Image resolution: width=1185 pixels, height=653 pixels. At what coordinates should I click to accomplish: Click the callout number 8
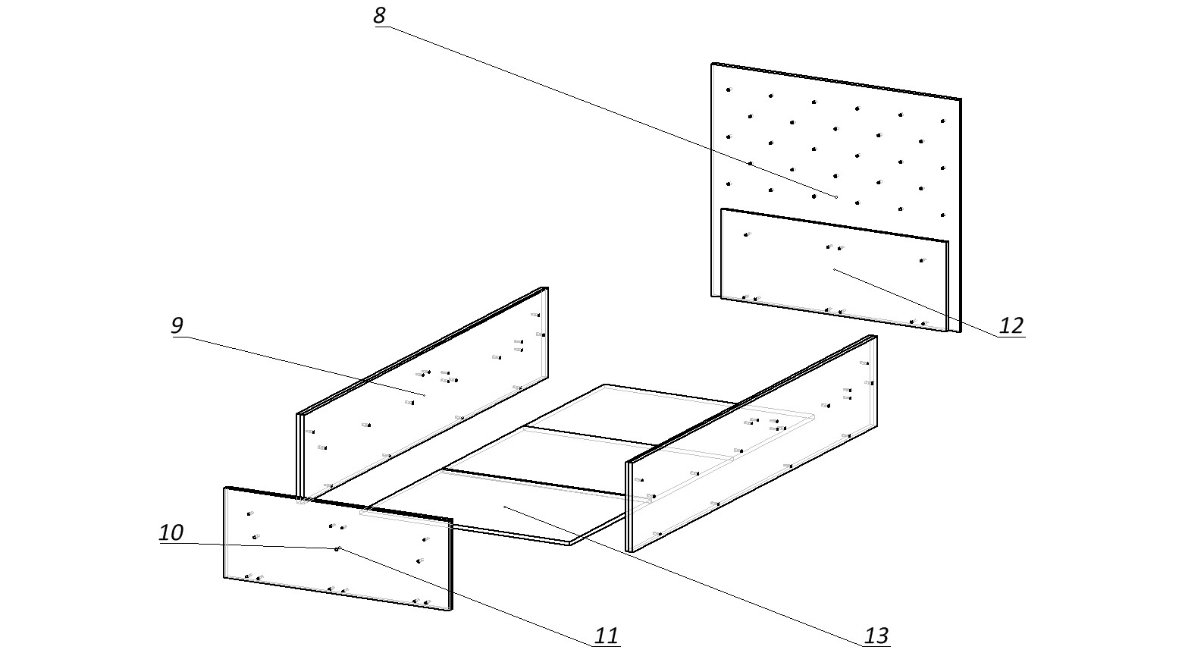(x=380, y=16)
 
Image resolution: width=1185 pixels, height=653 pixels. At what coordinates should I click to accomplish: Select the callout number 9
(x=177, y=326)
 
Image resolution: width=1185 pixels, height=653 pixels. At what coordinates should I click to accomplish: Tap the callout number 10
(x=171, y=532)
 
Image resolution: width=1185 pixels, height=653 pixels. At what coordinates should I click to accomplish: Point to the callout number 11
(x=607, y=636)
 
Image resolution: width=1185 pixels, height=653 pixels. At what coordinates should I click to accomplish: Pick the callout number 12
(x=1011, y=326)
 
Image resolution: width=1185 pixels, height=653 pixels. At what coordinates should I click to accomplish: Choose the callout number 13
(x=876, y=636)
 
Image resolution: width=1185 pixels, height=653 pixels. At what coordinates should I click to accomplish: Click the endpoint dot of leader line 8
(x=836, y=197)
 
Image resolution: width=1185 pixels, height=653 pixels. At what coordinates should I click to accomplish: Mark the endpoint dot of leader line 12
(x=834, y=269)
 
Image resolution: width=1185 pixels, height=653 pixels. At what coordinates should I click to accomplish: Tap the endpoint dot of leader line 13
(x=505, y=507)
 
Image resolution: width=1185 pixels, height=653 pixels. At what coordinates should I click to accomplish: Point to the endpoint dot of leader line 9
(x=424, y=395)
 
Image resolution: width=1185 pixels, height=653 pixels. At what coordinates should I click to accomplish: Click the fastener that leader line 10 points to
(x=337, y=548)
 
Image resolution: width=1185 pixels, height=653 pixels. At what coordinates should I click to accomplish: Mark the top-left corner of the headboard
(x=713, y=64)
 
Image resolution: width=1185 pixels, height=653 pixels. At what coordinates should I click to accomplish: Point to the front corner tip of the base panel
(x=570, y=543)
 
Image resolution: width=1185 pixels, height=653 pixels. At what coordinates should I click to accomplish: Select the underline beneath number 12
(x=1011, y=337)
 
